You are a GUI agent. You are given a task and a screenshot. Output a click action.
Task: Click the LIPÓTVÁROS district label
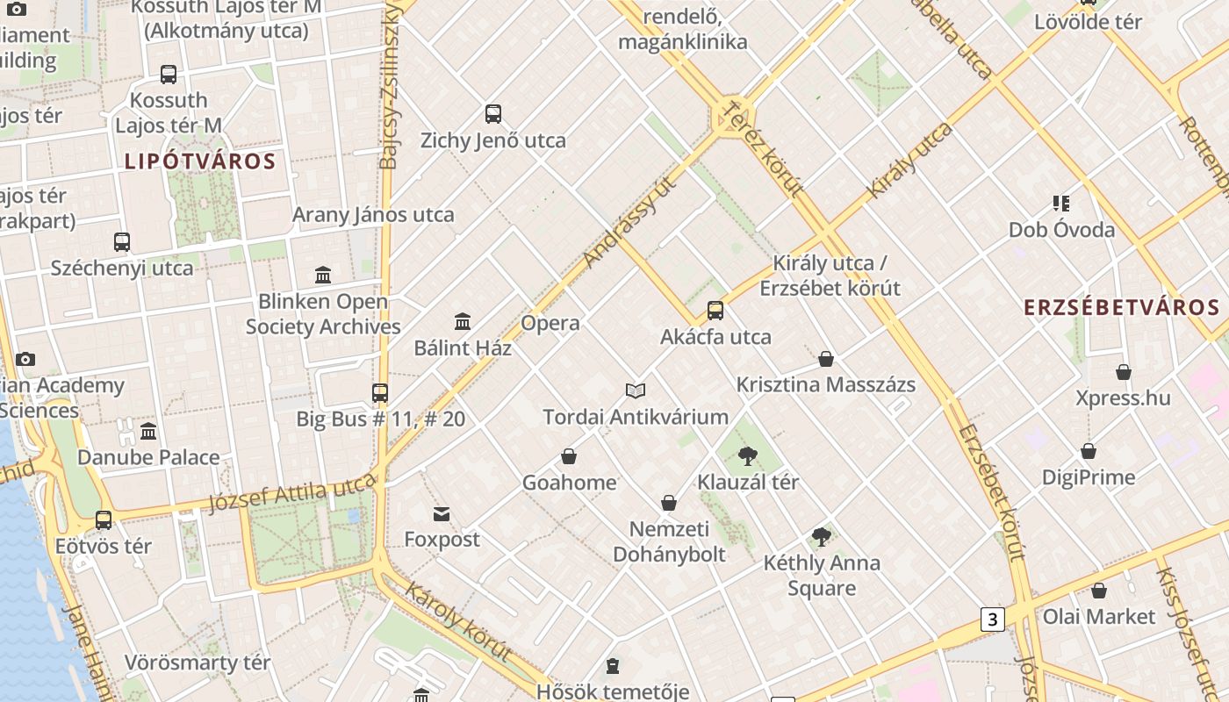point(200,161)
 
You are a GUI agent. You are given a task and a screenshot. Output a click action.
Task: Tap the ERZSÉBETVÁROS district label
point(1122,307)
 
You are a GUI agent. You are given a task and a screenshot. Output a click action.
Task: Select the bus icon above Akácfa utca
point(715,311)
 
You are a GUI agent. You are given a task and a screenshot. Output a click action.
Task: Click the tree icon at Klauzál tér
point(748,455)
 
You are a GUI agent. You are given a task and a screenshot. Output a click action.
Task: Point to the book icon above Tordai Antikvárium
point(636,390)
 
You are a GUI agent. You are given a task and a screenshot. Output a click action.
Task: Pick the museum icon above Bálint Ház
point(463,321)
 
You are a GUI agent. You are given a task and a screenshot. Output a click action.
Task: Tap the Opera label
point(550,323)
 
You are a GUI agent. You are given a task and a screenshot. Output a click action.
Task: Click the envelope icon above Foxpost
point(441,513)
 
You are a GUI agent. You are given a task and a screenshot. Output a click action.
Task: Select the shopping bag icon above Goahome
point(569,456)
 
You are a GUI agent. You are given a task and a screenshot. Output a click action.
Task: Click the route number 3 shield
point(992,620)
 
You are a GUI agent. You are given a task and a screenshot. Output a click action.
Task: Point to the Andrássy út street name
point(631,222)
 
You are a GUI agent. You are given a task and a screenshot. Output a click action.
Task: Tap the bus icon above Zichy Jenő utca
point(493,113)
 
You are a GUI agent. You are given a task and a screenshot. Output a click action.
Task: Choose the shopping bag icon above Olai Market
point(1098,591)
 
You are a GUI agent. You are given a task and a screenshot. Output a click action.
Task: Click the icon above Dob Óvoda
point(1061,204)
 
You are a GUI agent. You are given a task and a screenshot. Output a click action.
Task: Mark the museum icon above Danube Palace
point(148,431)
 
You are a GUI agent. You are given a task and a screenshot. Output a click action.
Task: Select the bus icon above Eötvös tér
point(104,520)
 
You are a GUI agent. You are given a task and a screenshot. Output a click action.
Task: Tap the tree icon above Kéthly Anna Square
point(822,536)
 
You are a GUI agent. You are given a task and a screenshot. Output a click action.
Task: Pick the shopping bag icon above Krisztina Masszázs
point(825,359)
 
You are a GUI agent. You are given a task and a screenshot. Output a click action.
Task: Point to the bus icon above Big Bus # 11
point(380,392)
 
